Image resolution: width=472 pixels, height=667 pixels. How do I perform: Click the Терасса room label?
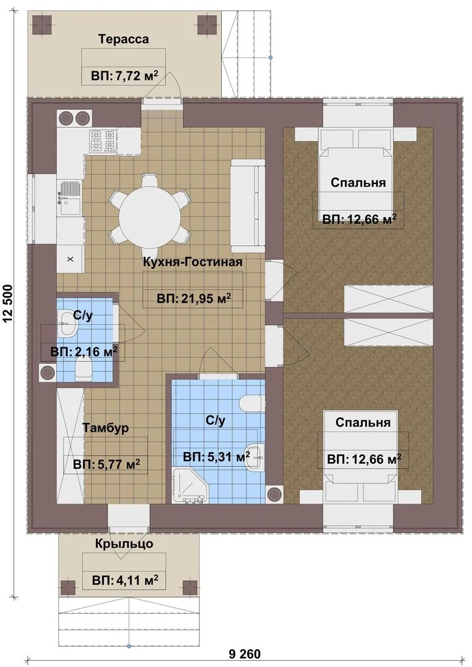point(124,39)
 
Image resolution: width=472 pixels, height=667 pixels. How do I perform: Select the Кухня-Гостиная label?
point(193,262)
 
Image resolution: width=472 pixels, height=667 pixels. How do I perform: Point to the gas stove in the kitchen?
point(103,141)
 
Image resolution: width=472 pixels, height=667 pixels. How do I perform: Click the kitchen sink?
point(69,198)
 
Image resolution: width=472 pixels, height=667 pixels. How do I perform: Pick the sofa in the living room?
point(247,207)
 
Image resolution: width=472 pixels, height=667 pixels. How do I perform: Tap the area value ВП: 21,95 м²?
point(193,299)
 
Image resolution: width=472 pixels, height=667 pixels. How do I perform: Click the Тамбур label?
point(105,428)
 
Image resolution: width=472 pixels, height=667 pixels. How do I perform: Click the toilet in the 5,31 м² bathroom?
point(250,403)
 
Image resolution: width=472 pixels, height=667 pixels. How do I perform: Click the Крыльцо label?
point(124,543)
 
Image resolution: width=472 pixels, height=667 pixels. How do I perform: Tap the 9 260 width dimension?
point(244,653)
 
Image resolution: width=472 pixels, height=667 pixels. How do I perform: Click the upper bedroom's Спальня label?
point(358,182)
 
